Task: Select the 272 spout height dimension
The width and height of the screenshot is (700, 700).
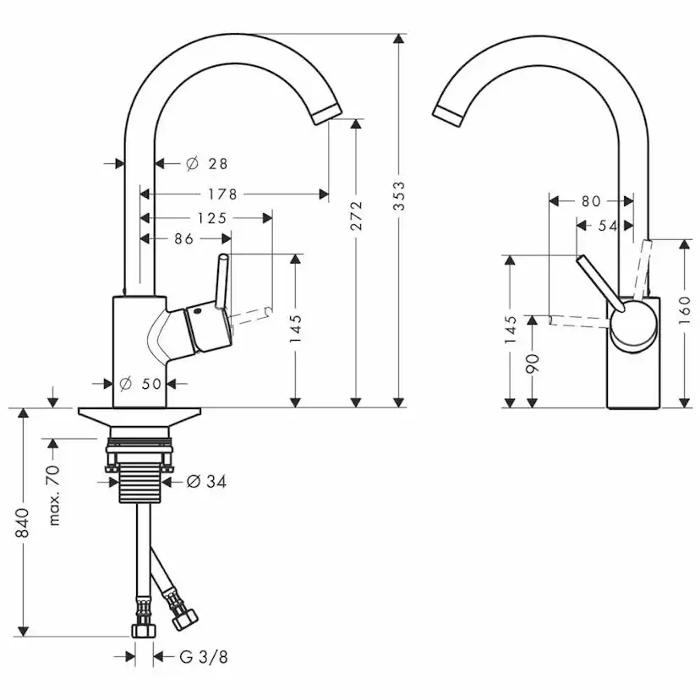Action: click(x=356, y=216)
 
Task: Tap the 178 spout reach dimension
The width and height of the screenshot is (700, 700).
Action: click(x=222, y=194)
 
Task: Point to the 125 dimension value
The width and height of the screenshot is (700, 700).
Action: click(x=212, y=218)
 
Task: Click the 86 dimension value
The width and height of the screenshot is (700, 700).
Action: click(x=184, y=239)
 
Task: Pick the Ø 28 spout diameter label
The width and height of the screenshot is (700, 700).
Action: click(x=206, y=164)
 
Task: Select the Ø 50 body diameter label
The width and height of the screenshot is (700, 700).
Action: click(x=140, y=383)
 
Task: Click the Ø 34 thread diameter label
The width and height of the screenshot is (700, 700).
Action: click(x=206, y=481)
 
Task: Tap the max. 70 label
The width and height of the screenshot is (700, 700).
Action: click(x=54, y=495)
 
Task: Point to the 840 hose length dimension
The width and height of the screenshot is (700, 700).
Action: click(x=22, y=522)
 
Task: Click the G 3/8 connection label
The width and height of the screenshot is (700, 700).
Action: click(x=204, y=657)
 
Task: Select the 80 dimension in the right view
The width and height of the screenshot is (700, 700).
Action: click(x=591, y=201)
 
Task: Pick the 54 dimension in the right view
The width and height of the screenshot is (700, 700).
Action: click(x=608, y=226)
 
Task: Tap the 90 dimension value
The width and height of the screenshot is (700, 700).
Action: click(x=533, y=364)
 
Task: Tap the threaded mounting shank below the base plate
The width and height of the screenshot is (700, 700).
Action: click(x=140, y=483)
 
